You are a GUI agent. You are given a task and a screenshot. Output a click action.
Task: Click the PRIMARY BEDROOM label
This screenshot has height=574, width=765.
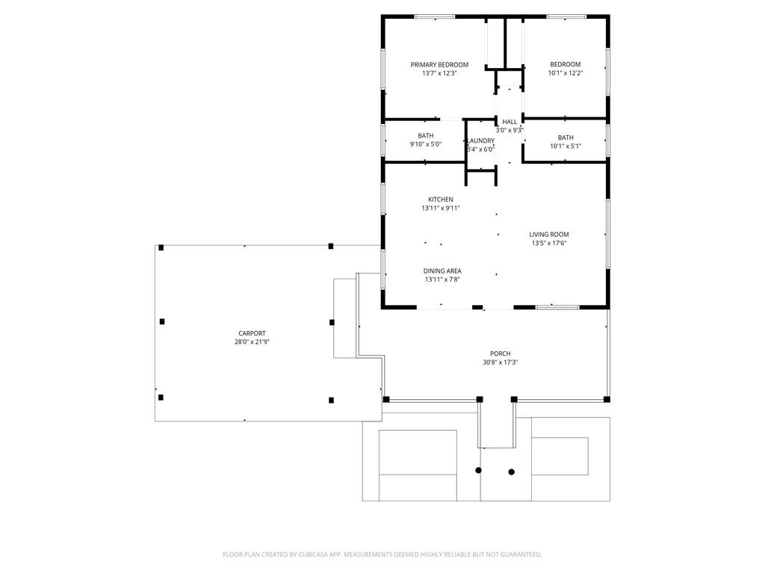point(439,64)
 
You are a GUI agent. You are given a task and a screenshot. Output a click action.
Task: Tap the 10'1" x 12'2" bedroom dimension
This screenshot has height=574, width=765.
point(566,73)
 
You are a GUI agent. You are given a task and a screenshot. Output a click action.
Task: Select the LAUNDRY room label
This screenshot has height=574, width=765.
point(481,141)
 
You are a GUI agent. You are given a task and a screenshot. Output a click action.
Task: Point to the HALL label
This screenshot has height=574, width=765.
point(510,122)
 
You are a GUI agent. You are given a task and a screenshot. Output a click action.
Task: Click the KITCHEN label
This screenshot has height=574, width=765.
point(441,199)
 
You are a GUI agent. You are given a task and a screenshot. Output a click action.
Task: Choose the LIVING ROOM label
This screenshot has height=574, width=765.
point(549,234)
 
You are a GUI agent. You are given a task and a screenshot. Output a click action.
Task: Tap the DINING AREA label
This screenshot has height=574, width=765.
point(442,271)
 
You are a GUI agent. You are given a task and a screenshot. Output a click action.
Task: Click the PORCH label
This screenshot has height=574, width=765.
point(500,354)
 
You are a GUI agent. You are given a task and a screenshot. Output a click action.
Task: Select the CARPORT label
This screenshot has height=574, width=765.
point(252,333)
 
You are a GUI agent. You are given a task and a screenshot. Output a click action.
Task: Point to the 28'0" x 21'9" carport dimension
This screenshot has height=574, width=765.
point(252,342)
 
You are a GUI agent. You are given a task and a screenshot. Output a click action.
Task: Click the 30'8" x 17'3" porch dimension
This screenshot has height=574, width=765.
point(500,362)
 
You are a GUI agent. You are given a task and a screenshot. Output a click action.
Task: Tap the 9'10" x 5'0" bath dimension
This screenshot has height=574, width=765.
point(425,144)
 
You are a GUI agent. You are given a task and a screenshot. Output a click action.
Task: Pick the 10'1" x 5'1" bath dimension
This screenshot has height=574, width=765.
point(566,146)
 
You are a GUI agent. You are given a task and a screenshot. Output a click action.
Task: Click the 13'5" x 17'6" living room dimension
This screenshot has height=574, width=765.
point(549,243)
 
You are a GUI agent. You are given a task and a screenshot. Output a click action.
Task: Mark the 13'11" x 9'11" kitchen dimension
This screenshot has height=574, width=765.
point(441,208)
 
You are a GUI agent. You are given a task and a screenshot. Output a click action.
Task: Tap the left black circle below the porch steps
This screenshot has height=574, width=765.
point(479,470)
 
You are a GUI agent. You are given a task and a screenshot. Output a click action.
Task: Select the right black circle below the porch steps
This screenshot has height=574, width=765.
point(511,472)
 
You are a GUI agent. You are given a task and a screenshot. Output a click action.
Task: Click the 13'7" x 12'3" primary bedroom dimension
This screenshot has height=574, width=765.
point(439,73)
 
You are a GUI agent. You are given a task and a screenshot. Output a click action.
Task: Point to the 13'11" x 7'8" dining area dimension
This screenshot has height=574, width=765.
point(442,280)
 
